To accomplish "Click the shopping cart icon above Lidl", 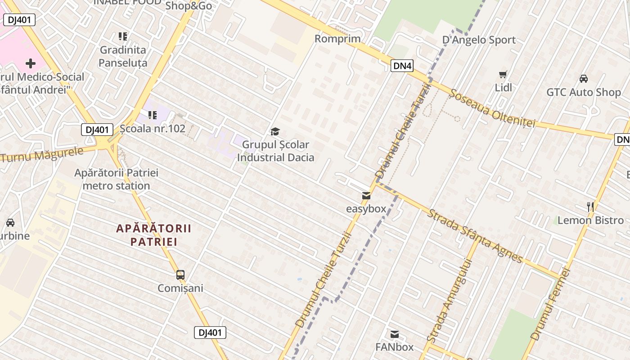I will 503,74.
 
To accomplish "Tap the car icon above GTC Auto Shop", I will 583,79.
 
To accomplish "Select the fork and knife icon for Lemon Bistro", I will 590,207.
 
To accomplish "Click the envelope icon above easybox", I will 366,196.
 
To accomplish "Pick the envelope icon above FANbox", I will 395,334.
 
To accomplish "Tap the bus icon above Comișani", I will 180,274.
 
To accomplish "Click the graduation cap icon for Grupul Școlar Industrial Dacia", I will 275,131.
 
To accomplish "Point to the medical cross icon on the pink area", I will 30,63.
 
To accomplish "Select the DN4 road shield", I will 402,66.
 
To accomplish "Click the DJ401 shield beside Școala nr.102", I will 97,130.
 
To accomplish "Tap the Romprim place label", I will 337,39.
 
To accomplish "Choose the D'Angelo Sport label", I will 479,40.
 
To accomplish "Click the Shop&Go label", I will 189,6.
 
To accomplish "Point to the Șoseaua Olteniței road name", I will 492,108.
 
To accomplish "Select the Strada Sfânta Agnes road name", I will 475,236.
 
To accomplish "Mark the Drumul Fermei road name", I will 550,304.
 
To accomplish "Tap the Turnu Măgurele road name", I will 42,154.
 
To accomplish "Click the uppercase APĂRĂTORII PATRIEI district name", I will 154,235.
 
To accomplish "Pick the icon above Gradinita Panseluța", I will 122,36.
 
